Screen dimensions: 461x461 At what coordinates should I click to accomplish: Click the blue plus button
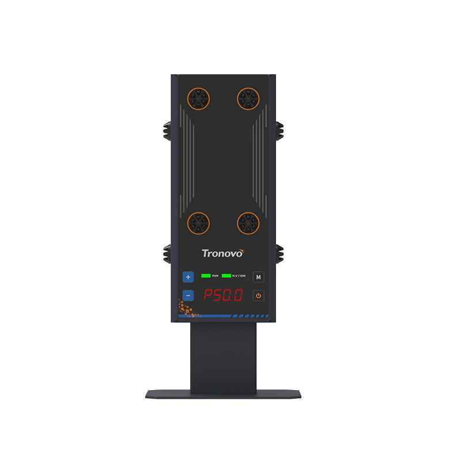[188, 277]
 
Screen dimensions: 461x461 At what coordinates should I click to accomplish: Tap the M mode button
[258, 277]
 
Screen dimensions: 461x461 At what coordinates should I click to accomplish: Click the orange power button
[258, 296]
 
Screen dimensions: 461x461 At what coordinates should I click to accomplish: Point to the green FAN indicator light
[206, 276]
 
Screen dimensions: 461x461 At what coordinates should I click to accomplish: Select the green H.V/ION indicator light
[226, 276]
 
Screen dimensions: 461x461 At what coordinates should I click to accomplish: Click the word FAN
[215, 277]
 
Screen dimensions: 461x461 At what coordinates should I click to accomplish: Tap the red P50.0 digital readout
[223, 296]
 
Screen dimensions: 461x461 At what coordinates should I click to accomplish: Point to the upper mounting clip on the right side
[280, 130]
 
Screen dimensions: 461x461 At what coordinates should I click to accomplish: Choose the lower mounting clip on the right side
[280, 252]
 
